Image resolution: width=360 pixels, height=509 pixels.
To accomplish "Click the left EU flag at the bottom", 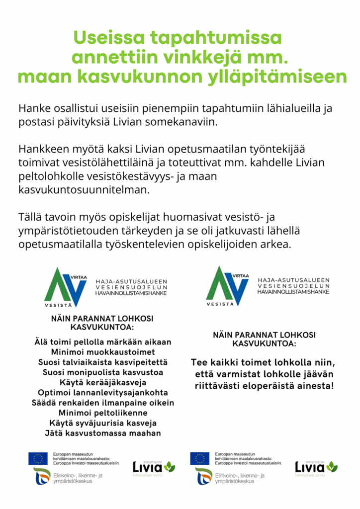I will pos(38,458).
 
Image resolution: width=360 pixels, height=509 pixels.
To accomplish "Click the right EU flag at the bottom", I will pos(200,458).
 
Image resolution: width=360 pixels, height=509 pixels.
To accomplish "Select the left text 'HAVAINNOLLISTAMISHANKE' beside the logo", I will pos(131,293).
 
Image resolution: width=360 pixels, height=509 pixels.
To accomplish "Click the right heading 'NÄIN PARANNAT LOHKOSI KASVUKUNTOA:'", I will pos(264,339).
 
